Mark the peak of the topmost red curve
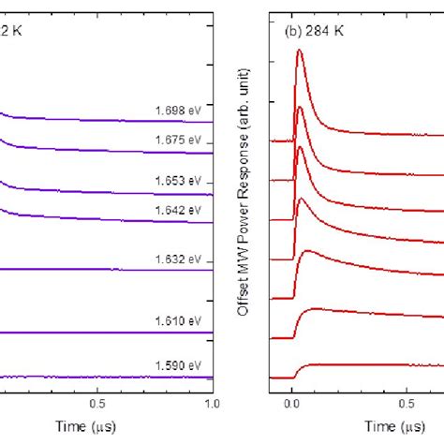click(x=299, y=52)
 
